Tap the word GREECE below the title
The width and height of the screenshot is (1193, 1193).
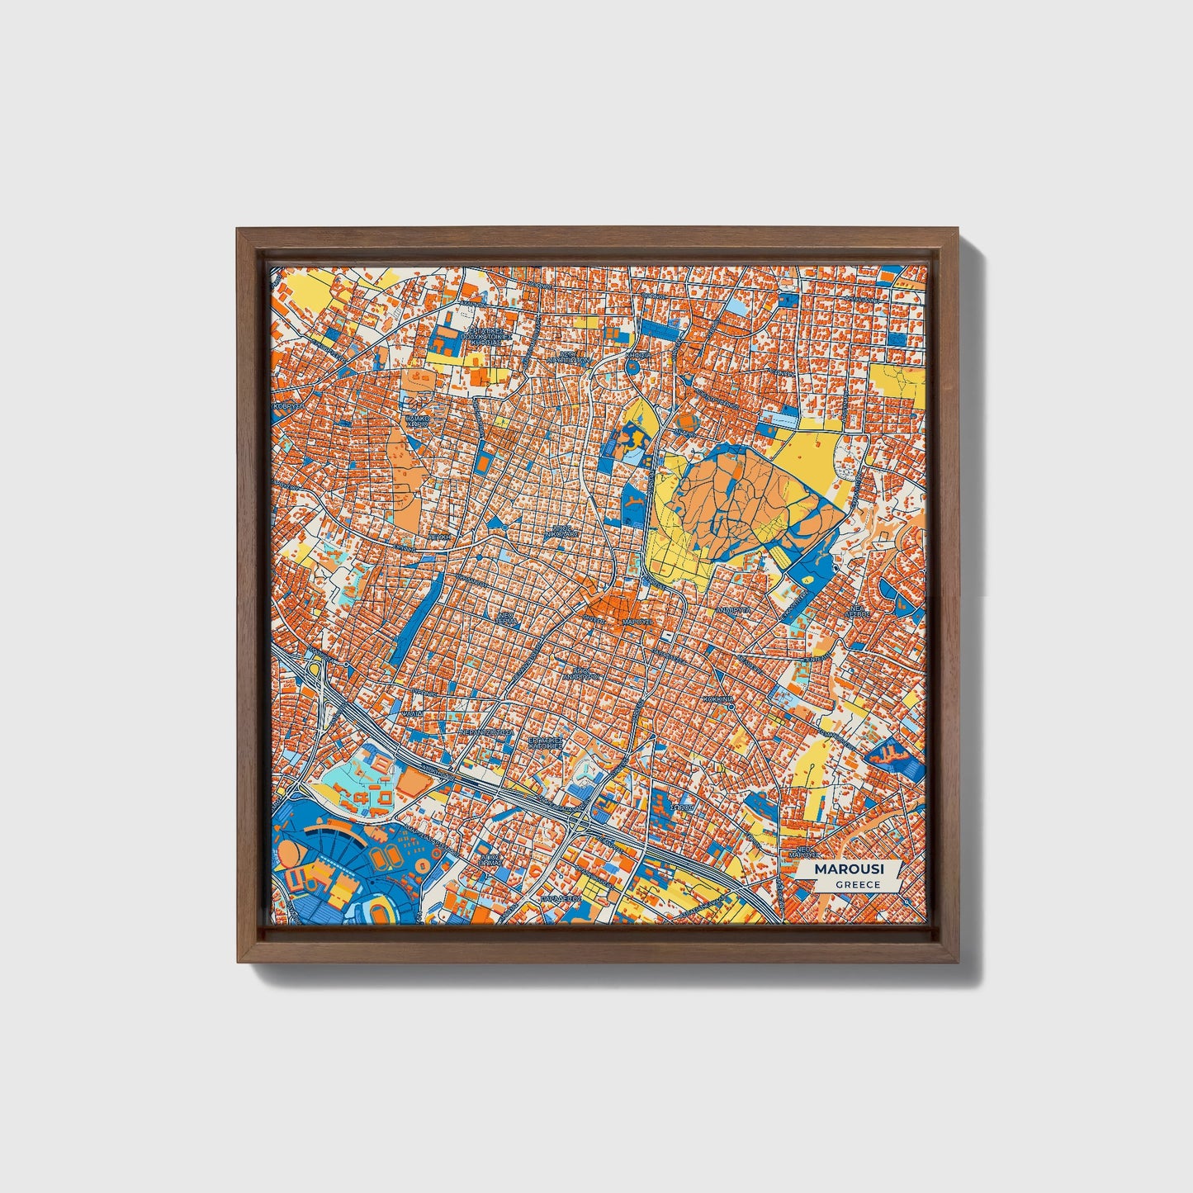[857, 884]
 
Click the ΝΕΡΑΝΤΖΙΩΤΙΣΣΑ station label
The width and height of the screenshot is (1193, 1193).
[486, 731]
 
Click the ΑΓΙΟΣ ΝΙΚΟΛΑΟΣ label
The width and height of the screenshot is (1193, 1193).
[561, 531]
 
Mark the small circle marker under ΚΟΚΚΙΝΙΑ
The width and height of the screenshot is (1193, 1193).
[731, 706]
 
